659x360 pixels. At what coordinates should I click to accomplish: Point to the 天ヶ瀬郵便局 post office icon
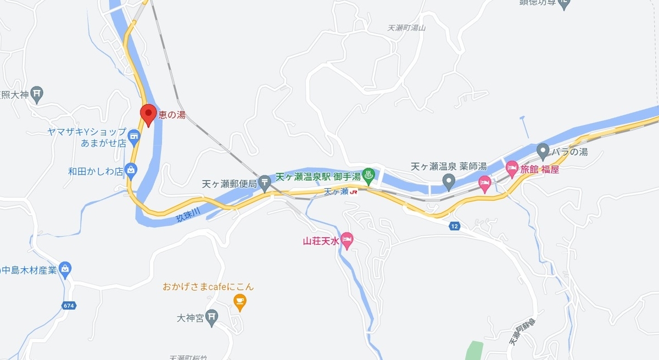click(265, 181)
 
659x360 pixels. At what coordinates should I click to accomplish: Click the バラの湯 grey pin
click(543, 150)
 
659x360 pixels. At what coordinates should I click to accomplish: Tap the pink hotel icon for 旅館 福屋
click(511, 167)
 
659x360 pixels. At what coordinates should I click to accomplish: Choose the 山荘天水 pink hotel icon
click(347, 240)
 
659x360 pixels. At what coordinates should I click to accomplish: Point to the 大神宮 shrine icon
click(212, 317)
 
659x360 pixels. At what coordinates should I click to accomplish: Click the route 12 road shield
click(454, 226)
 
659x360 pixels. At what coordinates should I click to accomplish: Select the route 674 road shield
click(68, 305)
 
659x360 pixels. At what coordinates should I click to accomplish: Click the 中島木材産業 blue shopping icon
click(65, 269)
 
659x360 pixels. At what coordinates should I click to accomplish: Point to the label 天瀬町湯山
click(407, 27)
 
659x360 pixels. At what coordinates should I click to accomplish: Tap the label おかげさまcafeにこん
click(208, 286)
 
